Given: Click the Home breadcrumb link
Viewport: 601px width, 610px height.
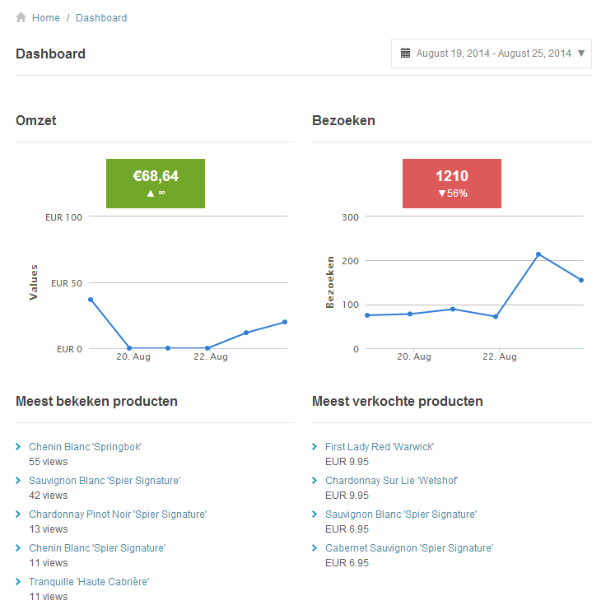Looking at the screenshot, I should coord(45,17).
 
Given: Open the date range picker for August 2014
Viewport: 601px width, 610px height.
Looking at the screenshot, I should coord(492,54).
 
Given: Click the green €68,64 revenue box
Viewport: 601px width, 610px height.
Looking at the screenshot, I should coord(156,184).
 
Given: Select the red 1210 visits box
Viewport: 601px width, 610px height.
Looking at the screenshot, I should coord(452,184).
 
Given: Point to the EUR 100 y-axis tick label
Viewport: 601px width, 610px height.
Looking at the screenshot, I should coord(64,217).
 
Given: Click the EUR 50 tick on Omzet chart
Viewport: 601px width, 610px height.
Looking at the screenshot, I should coord(67,283).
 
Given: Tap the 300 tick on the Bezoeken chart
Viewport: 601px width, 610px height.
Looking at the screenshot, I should coord(351,217).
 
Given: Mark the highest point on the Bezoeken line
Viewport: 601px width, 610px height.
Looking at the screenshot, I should coord(538,254).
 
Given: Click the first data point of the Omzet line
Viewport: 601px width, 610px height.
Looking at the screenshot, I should coord(91,300).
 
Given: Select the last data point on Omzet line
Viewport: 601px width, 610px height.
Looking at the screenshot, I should coord(285,322).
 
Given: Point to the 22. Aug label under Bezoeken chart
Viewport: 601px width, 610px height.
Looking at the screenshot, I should coord(500,356).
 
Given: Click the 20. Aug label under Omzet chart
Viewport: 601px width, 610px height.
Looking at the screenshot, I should coord(133,356).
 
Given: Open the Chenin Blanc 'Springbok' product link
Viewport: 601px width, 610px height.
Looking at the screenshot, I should coord(86,447).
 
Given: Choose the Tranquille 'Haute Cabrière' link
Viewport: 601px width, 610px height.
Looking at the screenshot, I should coord(89,582).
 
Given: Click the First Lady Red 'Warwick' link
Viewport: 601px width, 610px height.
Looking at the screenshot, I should coord(380,447).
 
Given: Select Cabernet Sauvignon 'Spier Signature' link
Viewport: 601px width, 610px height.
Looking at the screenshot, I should coord(409,548).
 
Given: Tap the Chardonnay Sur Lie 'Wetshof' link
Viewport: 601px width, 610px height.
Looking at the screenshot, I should coord(391,481).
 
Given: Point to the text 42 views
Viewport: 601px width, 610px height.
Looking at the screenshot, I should coord(49,496).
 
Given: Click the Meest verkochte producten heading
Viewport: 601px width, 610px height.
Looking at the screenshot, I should coord(398,402).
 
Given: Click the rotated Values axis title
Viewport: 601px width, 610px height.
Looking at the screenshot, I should coord(34,282).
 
